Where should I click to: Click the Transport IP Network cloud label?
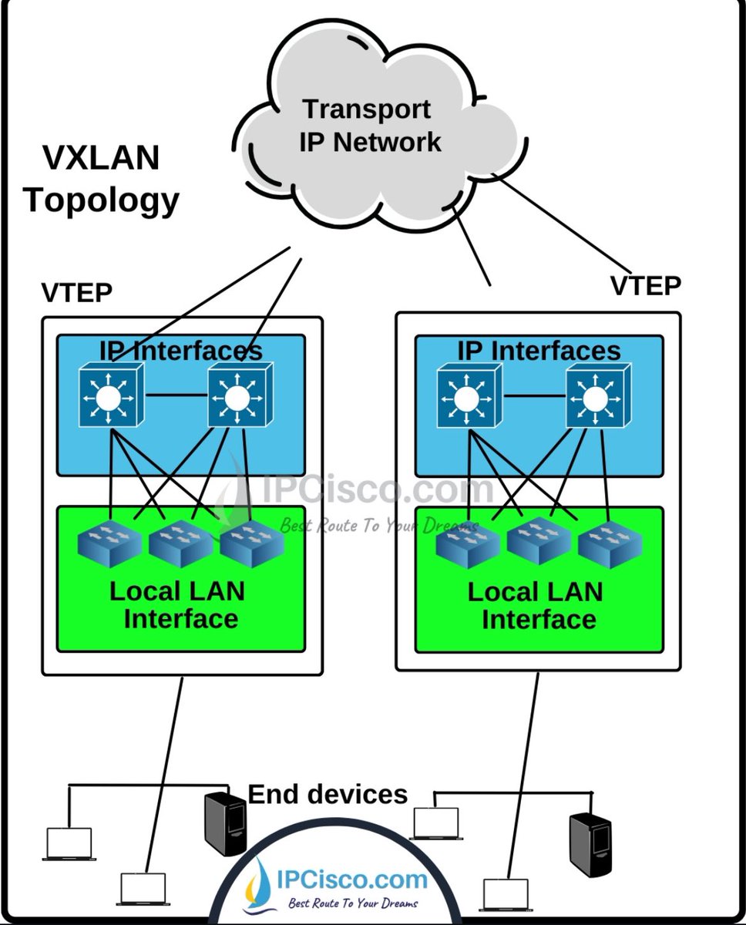pyautogui.click(x=370, y=126)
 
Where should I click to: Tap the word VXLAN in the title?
pyautogui.click(x=101, y=158)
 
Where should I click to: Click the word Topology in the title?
pyautogui.click(x=101, y=200)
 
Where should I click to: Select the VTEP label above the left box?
pyautogui.click(x=76, y=294)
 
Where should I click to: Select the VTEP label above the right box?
pyautogui.click(x=646, y=286)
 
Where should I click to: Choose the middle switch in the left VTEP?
pyautogui.click(x=180, y=543)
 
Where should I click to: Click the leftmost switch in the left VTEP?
pyautogui.click(x=110, y=543)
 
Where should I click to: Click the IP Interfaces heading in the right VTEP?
pyautogui.click(x=539, y=351)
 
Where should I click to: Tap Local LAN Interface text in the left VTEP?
pyautogui.click(x=179, y=605)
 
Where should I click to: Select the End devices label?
pyautogui.click(x=328, y=794)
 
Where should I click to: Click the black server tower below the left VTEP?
pyautogui.click(x=225, y=824)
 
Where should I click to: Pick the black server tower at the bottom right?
pyautogui.click(x=590, y=844)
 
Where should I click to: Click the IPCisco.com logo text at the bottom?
pyautogui.click(x=351, y=880)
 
